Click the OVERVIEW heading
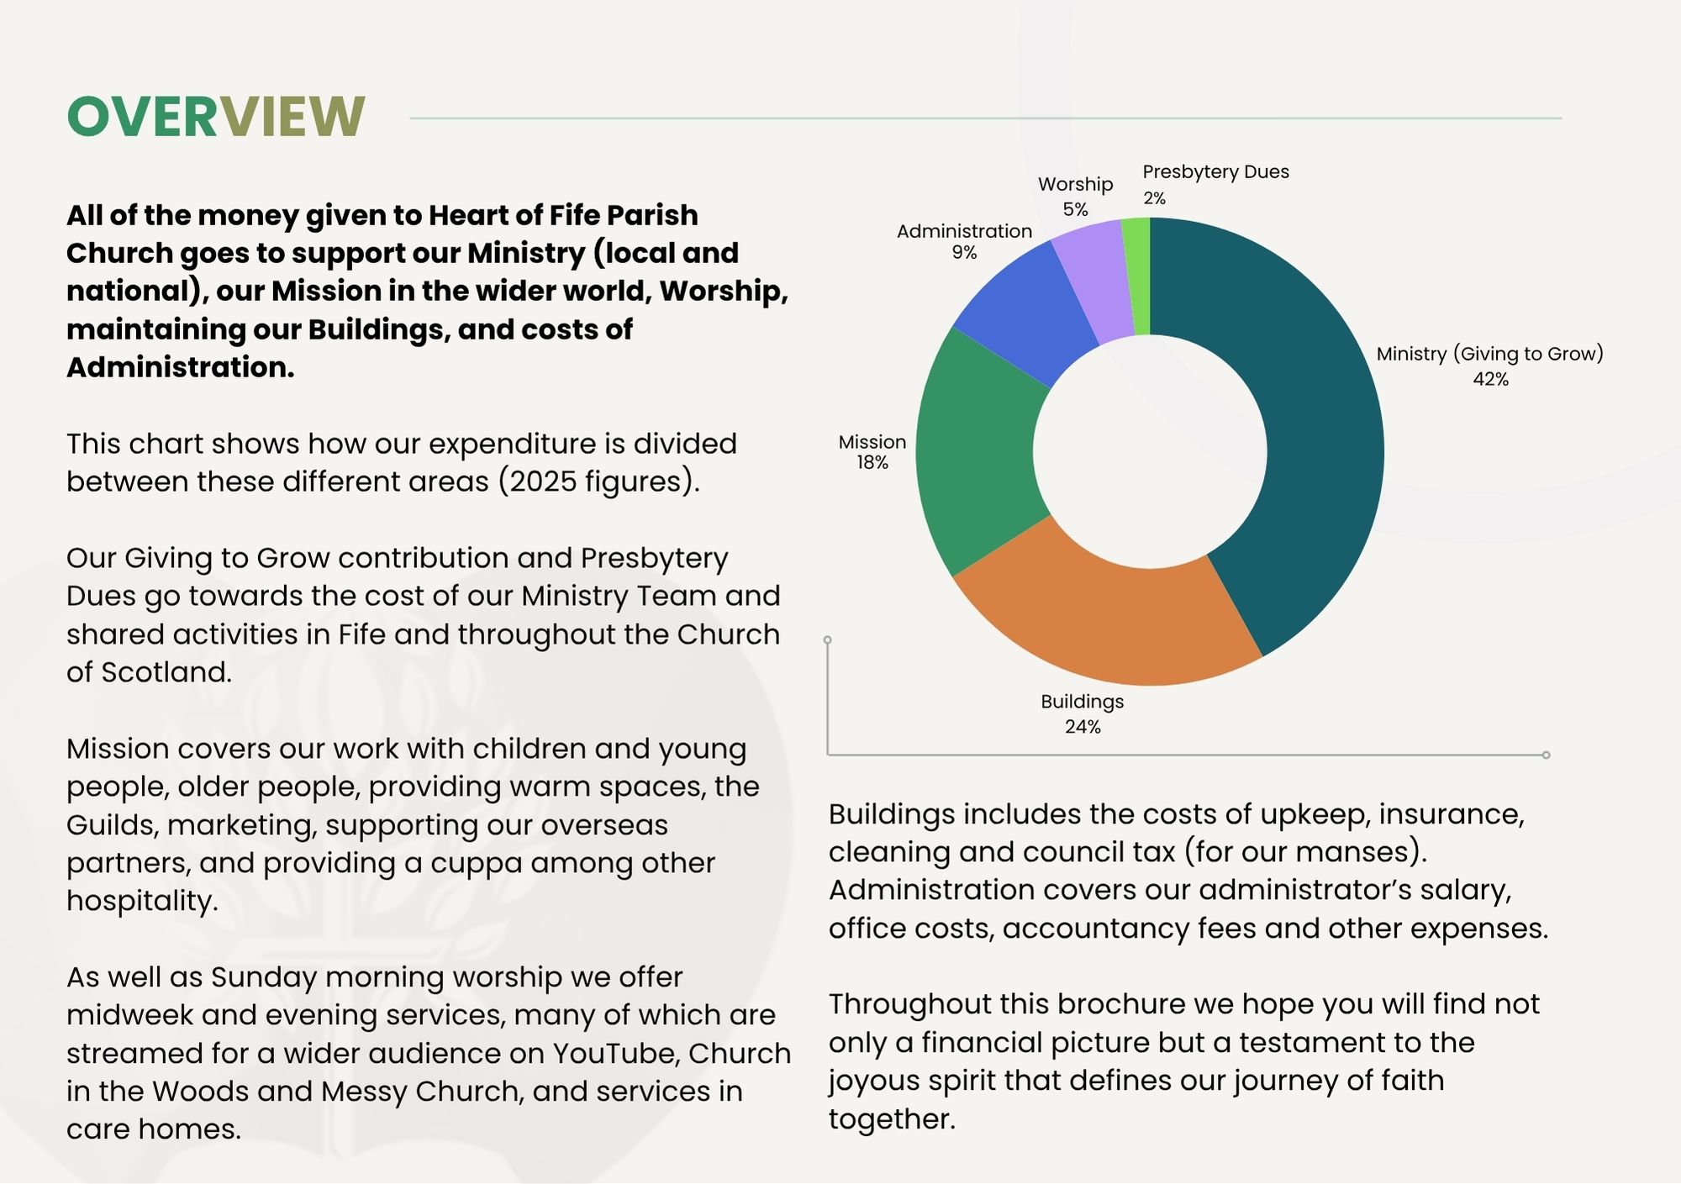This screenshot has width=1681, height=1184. point(216,116)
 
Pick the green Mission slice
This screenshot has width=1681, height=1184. point(979,454)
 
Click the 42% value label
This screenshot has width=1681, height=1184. point(1490,379)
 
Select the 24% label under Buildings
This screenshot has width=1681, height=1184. point(1083,727)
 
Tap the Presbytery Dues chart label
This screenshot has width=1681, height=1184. point(1215,172)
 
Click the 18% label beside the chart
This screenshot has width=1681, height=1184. point(872,462)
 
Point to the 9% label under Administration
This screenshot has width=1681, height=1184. point(964,253)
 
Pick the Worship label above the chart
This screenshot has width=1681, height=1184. point(1075,184)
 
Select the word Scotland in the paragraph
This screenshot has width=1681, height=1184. point(166,672)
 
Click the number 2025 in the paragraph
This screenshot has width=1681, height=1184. point(543,481)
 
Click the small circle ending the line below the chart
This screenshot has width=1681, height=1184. point(1546,755)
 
